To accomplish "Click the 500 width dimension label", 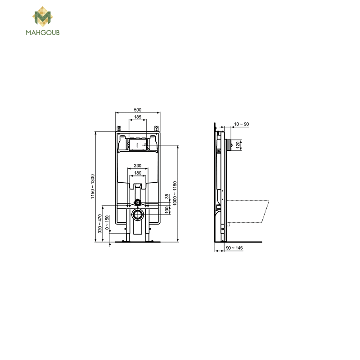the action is coord(138,110).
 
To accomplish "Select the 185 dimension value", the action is coord(138,117).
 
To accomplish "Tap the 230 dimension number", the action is coord(138,166).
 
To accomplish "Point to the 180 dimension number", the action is coord(138,173).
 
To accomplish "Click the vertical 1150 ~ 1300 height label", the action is coord(93,186).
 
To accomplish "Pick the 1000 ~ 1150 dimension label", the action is coord(175,193).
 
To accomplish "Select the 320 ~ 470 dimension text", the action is coord(99,224).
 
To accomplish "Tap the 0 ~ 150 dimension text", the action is coord(107,222).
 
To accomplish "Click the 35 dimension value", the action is coord(167,196).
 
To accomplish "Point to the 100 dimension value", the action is coord(167,210).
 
